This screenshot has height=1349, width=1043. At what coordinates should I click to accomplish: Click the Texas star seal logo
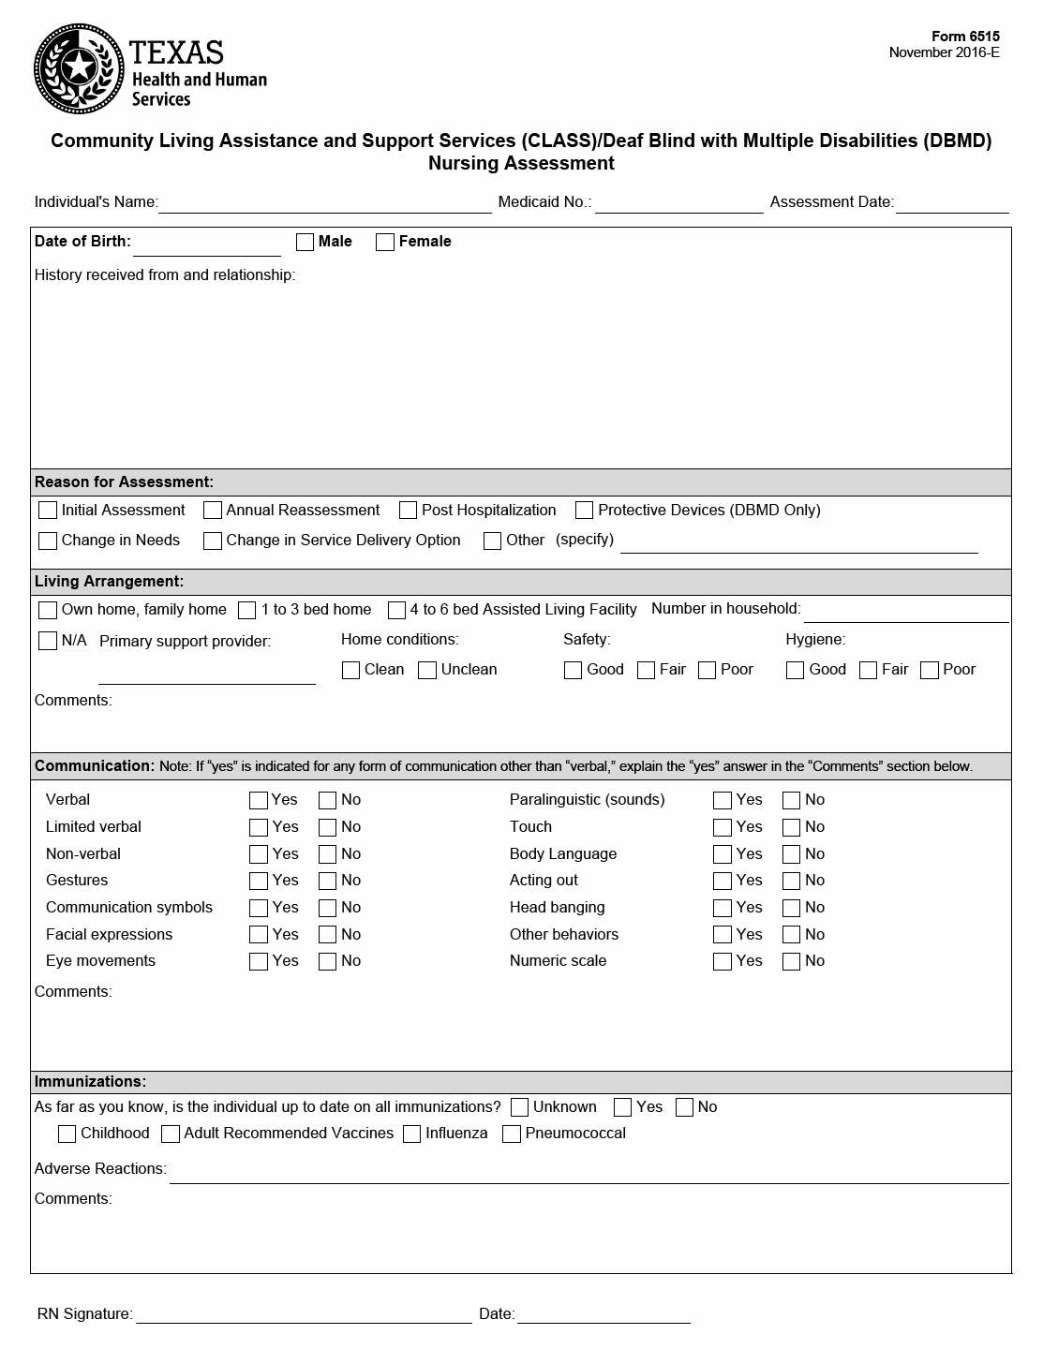(x=79, y=67)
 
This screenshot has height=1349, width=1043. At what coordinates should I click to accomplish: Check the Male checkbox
(x=305, y=242)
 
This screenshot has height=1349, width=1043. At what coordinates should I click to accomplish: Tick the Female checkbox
(x=385, y=242)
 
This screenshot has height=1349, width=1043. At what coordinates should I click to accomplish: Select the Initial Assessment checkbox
(x=48, y=511)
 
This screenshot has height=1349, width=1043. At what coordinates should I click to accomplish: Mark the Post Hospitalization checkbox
(x=408, y=511)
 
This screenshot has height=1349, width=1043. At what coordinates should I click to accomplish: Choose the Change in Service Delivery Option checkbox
(x=213, y=541)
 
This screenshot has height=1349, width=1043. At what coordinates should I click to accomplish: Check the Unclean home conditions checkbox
(x=427, y=670)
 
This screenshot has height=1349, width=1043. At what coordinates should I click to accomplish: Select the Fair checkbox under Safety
(x=646, y=670)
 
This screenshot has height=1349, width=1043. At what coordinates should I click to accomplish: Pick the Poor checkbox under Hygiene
(x=930, y=670)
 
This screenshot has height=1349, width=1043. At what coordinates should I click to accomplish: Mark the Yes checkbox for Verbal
(x=259, y=800)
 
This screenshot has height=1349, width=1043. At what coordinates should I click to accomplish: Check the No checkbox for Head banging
(x=792, y=908)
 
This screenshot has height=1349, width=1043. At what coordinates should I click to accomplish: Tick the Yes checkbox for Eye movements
(x=259, y=961)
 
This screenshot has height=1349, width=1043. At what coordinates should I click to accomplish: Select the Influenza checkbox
(x=412, y=1134)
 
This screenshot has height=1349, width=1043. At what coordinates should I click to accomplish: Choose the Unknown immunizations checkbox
(x=520, y=1107)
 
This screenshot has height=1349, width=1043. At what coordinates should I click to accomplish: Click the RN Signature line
(x=303, y=1315)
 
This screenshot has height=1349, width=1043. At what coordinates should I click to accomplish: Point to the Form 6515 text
(x=965, y=37)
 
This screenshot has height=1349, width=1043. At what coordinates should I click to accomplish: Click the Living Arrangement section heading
(x=109, y=582)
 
